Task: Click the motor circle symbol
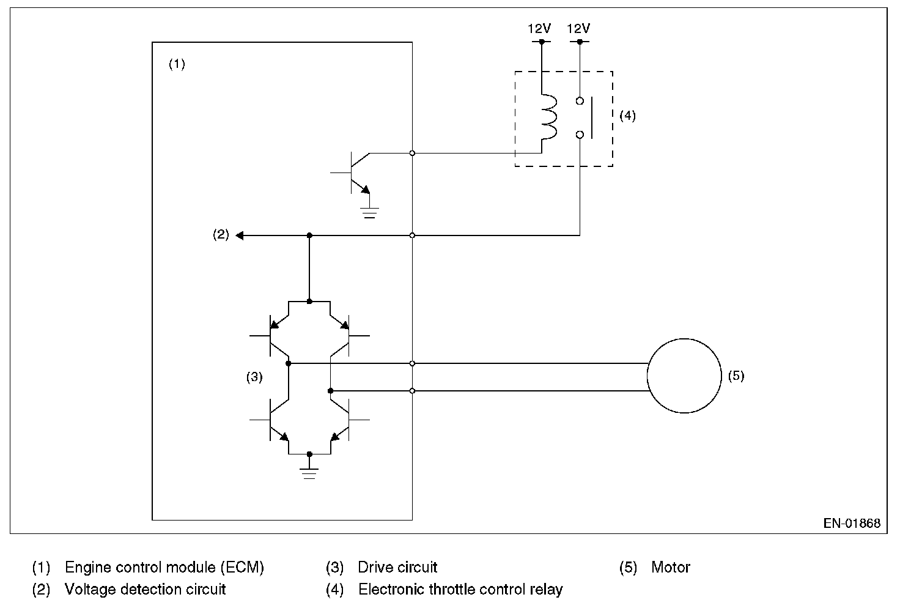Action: coord(684,376)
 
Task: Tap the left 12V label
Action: coord(540,29)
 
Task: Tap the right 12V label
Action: coord(579,29)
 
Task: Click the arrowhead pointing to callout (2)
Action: coord(240,235)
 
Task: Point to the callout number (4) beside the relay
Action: coord(627,116)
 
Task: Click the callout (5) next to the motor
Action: coord(736,376)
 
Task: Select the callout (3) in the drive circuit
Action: coord(254,377)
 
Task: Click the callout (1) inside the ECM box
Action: coord(177,64)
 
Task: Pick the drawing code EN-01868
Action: coord(852,524)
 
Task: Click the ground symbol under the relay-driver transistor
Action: coord(369,212)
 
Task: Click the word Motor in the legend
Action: coord(671,568)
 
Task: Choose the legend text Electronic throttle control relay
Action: coord(460,590)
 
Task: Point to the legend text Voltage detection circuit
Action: coord(146,590)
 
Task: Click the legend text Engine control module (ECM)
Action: coord(164,568)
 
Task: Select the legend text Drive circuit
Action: coord(397,568)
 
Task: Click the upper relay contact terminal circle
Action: coord(580,100)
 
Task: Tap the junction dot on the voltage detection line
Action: coord(309,235)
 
